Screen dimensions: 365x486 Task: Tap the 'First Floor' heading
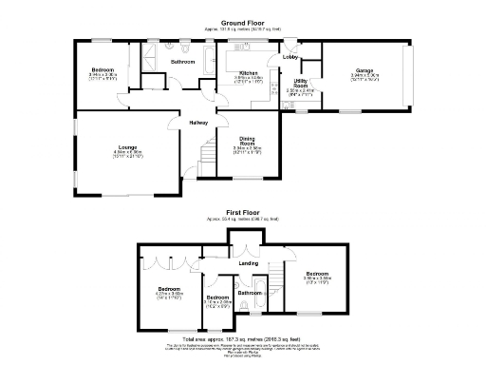[x=242, y=213]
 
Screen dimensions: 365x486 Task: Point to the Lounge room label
[x=128, y=147]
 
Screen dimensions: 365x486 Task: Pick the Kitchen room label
[x=249, y=72]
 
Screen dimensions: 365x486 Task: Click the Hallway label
[x=197, y=123]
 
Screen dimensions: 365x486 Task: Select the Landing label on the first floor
[x=249, y=262]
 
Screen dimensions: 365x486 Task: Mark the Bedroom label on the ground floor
[x=103, y=70]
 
